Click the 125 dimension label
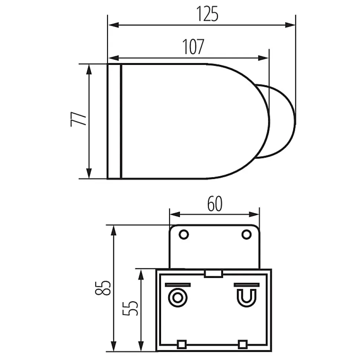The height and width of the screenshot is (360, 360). point(207,14)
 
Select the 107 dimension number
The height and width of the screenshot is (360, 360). point(193,47)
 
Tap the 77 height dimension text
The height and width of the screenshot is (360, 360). point(79,119)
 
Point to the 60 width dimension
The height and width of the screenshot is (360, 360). point(215,204)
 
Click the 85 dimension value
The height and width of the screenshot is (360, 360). point(103,288)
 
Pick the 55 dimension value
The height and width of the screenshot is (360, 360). point(130,308)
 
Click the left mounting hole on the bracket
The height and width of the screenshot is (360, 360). point(184,235)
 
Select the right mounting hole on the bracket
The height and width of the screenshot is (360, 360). point(246,235)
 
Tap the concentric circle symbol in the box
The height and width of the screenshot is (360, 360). point(177,298)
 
